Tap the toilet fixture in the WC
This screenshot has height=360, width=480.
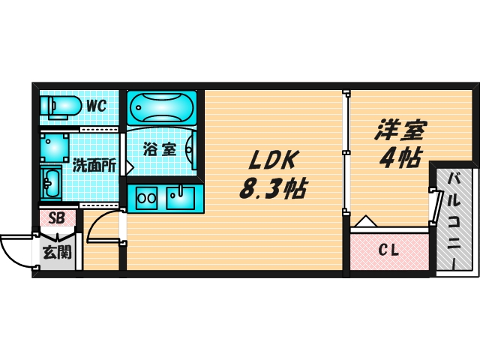point(59,106)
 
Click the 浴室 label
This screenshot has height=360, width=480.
point(160,148)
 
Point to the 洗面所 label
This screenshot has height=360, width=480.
point(94,166)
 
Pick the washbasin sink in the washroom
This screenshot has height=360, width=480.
point(52,181)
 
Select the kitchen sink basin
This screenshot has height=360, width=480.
point(180,199)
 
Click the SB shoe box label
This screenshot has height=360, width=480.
point(56,219)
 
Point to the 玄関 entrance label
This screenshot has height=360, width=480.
point(57,252)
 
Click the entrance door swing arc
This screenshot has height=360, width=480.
point(16,251)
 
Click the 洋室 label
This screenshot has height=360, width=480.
point(400,131)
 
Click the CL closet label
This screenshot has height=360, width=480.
point(388,250)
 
